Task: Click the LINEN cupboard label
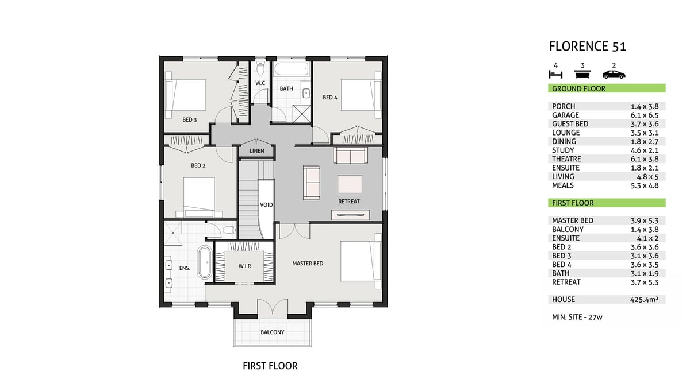[257, 151]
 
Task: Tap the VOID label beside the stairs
[266, 205]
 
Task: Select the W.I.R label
[244, 266]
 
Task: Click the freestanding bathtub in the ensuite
[205, 262]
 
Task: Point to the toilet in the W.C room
[260, 68]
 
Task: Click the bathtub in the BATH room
[291, 69]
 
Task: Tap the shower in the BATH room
[301, 114]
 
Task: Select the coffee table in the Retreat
[350, 184]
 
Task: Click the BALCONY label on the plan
[273, 332]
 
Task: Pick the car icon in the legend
[614, 75]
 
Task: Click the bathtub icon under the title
[582, 75]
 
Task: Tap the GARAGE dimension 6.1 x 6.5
[645, 115]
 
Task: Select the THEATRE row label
[566, 159]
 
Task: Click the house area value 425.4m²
[644, 300]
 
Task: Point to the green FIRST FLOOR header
[607, 203]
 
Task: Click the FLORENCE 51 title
[588, 47]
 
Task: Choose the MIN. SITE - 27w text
[577, 317]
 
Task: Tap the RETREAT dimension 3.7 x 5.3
[645, 282]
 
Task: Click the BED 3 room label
[189, 119]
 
